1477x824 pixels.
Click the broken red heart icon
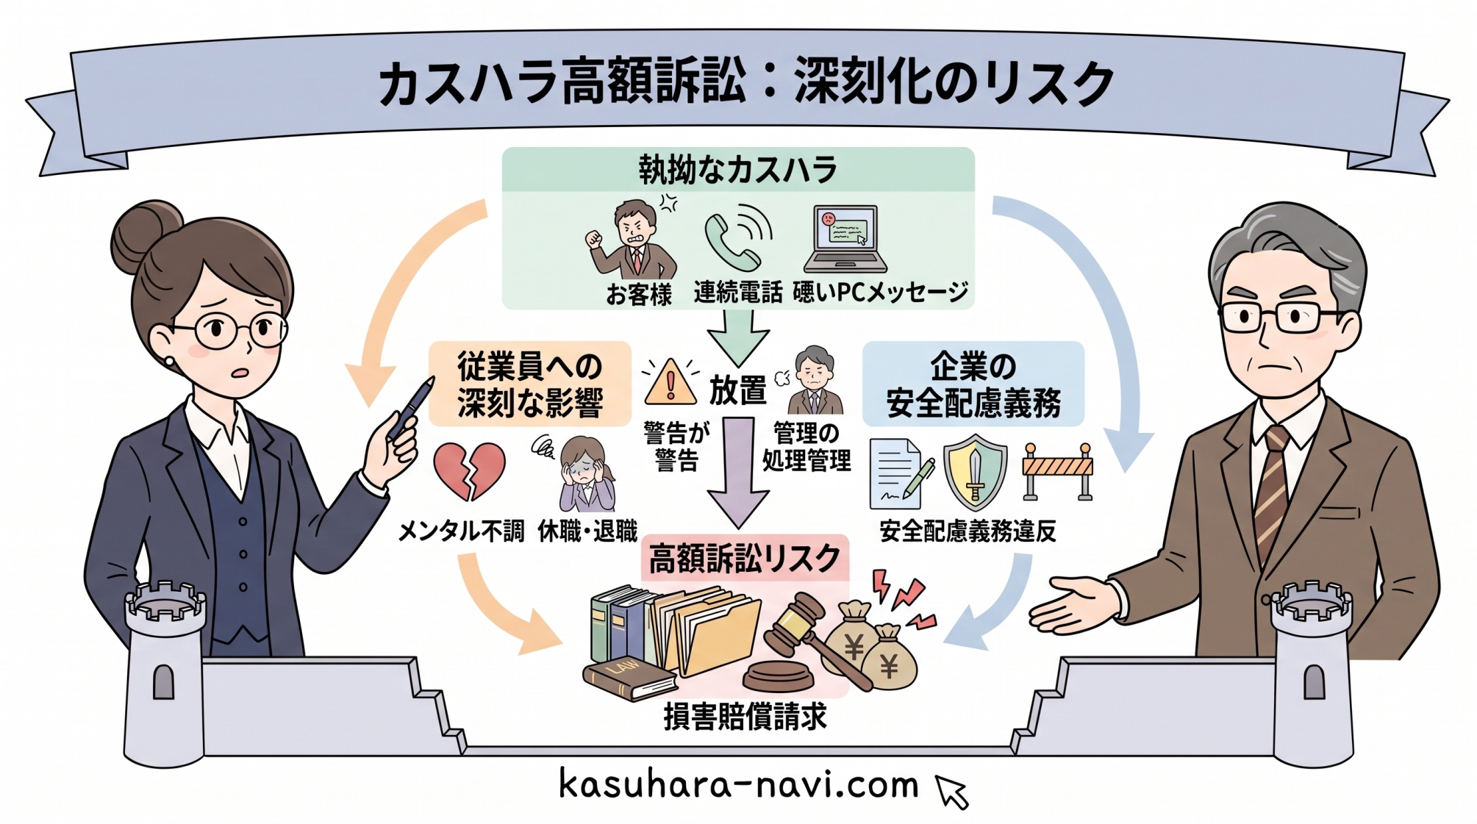point(470,470)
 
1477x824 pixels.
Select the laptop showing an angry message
point(845,239)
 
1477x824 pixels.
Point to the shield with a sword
point(975,472)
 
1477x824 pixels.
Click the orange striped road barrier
point(1058,470)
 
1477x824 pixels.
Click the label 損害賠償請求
point(745,717)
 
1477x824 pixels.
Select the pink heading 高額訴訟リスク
point(744,559)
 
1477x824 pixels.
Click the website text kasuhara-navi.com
point(739,784)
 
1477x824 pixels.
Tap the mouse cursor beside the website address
point(952,792)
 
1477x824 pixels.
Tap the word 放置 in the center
point(737,390)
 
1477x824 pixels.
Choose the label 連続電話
point(737,293)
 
